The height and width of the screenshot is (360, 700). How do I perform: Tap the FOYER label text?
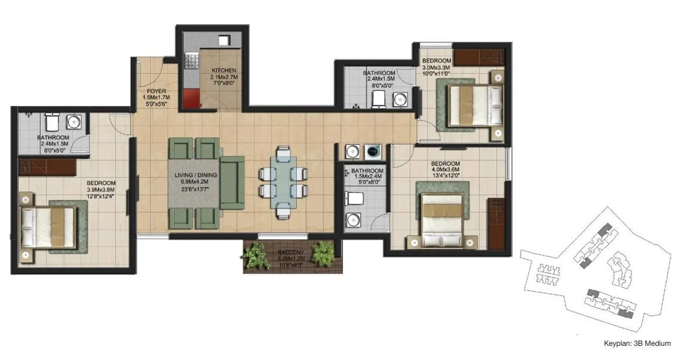156,91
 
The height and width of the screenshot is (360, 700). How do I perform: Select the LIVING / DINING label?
195,176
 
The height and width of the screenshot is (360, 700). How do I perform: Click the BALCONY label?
291,252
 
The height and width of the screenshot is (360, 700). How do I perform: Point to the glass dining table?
283,179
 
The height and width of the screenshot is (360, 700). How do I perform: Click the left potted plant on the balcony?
254,256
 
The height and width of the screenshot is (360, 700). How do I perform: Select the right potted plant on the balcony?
323,253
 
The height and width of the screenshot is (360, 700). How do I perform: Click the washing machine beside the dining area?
374,151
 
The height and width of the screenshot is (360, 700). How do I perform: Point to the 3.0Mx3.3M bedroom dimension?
436,68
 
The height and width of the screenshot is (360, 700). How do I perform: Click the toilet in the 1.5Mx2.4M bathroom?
355,198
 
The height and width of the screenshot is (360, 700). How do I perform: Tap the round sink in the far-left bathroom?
74,122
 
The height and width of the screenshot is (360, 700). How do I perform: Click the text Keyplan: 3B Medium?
637,343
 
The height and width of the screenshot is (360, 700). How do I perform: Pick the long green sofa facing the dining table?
233,183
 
